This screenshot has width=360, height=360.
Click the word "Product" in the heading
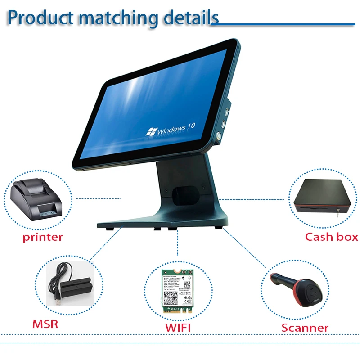[40, 17]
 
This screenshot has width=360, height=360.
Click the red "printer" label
[43, 237]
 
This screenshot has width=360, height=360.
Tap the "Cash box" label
[332, 237]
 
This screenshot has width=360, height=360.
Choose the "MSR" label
[45, 324]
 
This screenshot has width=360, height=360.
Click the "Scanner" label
[305, 328]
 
